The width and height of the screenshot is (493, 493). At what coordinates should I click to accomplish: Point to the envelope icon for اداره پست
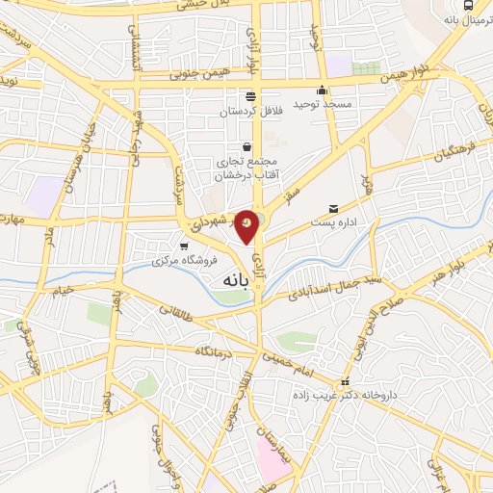(x=333, y=208)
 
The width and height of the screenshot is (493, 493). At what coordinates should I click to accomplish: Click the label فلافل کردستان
(x=250, y=112)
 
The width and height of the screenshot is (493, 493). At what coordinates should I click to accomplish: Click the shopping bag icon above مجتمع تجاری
(x=248, y=146)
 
